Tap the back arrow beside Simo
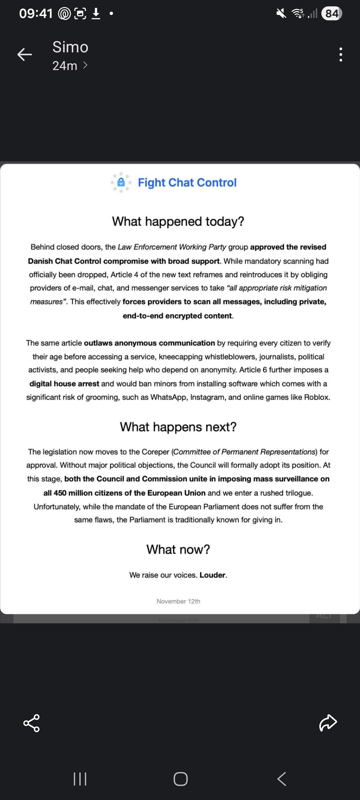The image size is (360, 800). pos(25,55)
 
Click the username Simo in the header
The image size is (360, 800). pos(70,47)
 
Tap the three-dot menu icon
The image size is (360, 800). pos(340,55)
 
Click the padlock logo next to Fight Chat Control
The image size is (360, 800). pos(121,182)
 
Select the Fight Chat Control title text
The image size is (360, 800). pos(187,183)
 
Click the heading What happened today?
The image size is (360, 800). pos(178,221)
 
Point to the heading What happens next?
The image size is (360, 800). pos(178,427)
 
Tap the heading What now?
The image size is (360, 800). pos(178,549)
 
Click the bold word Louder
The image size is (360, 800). pos(212,575)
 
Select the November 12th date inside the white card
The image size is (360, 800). pos(178,601)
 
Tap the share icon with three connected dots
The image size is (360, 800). pos(32,723)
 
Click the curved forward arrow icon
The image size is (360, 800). pos(328,723)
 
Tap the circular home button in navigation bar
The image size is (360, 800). pos(180,779)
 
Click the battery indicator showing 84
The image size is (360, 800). pos(331,14)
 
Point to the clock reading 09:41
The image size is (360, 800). pos(36,14)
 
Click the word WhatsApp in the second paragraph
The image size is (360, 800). pos(168,397)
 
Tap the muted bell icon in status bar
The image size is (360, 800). pos(281,14)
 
